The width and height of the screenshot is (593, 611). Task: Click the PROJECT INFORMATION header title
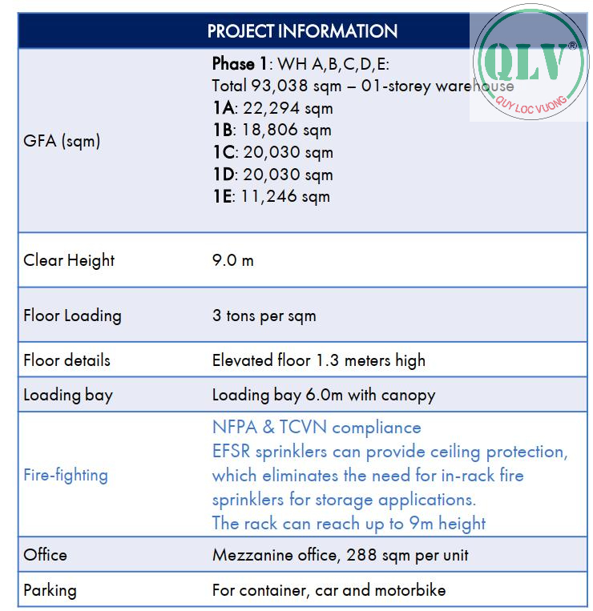[x=302, y=31]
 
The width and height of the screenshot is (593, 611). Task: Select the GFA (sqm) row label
[x=62, y=141]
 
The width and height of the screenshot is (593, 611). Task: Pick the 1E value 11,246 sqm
[x=281, y=196]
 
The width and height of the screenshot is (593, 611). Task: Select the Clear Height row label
[x=69, y=260]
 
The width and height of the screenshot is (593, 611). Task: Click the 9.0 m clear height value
[x=232, y=260]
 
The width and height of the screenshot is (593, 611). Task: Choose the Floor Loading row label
[x=72, y=315]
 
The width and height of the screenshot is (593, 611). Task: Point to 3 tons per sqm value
[x=264, y=316]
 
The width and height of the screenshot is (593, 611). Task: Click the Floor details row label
[x=67, y=360]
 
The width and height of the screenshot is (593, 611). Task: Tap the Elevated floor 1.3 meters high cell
[x=318, y=360]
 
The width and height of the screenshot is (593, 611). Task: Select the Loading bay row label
[x=68, y=395]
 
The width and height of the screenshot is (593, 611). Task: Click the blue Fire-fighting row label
[x=66, y=475]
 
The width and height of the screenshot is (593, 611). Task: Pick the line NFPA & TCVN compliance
[x=316, y=428]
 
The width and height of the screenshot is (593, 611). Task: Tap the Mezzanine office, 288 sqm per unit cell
[x=340, y=555]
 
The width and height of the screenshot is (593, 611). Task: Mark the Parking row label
[x=50, y=591]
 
